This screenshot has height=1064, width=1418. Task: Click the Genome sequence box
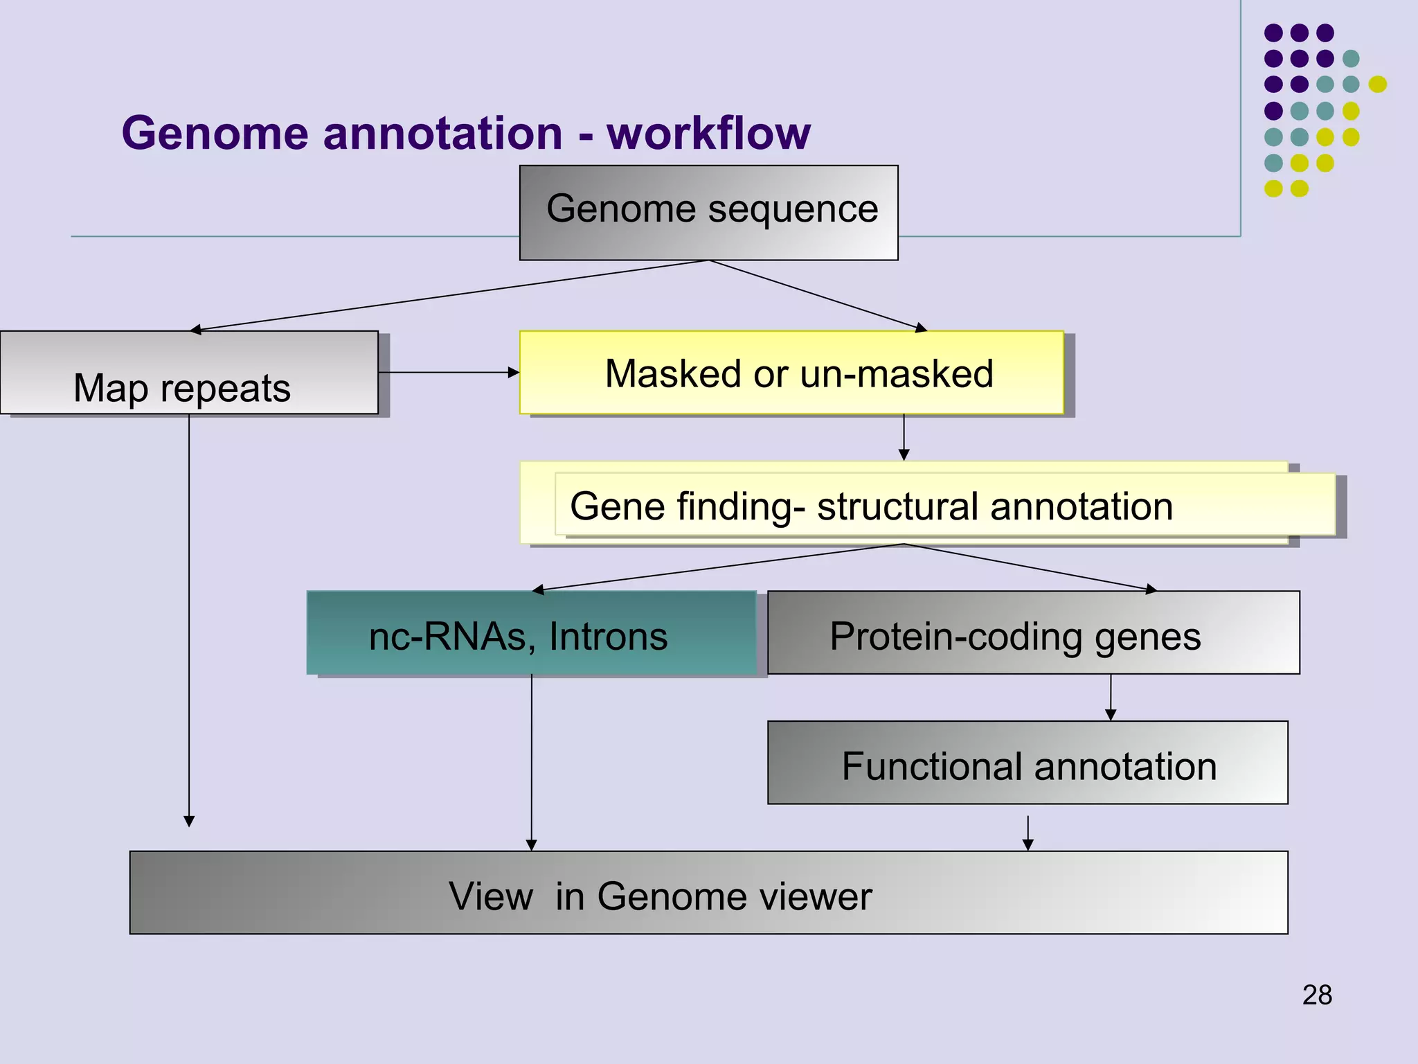(x=708, y=212)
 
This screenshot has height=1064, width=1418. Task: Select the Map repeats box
(x=188, y=373)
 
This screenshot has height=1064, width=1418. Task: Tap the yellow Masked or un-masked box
(x=791, y=373)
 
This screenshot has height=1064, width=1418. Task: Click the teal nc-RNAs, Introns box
(x=531, y=632)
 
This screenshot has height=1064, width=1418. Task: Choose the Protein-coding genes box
(x=1033, y=632)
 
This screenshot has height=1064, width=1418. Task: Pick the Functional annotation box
(x=1027, y=763)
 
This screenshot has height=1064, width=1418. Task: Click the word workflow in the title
(x=708, y=133)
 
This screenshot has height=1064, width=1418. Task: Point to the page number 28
(x=1317, y=995)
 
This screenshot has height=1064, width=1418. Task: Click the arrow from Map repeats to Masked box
(x=449, y=373)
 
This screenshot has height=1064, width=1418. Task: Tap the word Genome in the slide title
(x=214, y=133)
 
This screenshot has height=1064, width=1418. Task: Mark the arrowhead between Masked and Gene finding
(x=904, y=454)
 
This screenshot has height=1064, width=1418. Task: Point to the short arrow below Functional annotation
(x=1027, y=833)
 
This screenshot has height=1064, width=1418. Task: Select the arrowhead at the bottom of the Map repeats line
(x=189, y=822)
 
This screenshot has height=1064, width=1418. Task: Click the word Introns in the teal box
(x=608, y=636)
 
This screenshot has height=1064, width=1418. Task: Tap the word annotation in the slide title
(x=443, y=133)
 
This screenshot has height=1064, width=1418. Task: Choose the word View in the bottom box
(x=490, y=896)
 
